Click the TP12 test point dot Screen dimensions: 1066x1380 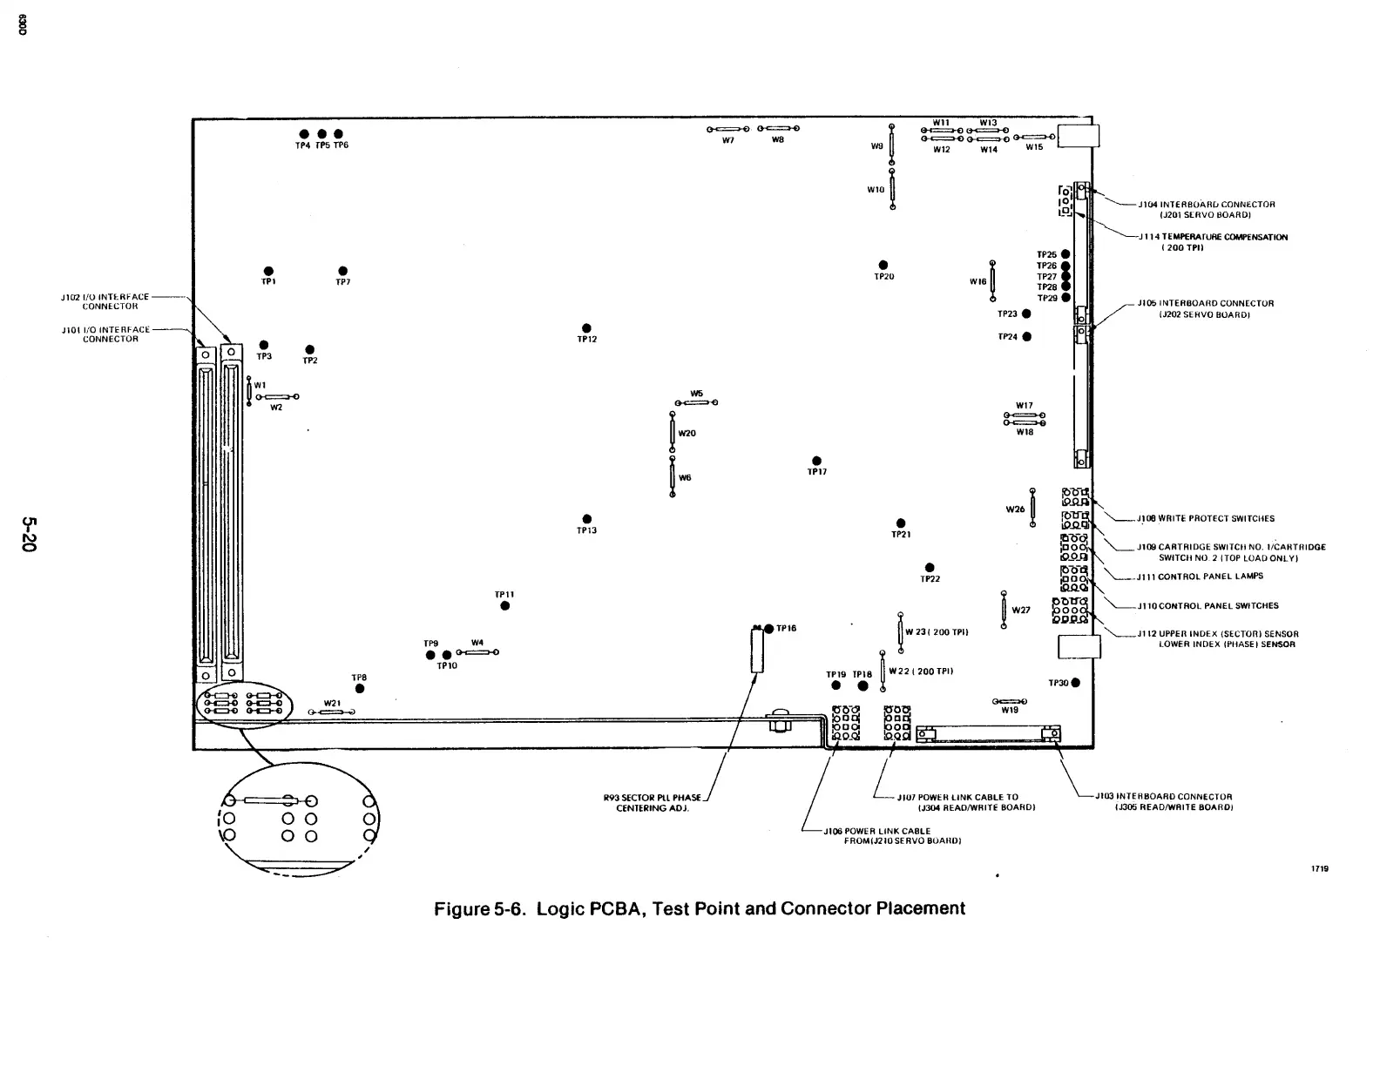pos(586,327)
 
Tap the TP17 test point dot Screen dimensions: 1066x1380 pos(816,461)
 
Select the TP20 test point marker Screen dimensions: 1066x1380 pos(883,265)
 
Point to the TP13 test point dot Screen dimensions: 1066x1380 pos(586,519)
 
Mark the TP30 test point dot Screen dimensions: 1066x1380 pos(1076,683)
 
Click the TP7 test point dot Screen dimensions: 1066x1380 pos(342,271)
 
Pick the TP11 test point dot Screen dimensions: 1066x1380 pos(504,606)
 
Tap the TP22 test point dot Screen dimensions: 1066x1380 pos(930,568)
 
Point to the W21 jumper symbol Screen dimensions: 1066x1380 pos(332,712)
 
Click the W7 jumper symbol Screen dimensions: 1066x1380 pos(727,129)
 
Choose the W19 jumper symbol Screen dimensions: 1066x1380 pos(1010,701)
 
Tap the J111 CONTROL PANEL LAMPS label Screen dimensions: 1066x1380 pos(1200,576)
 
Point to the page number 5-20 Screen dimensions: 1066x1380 pos(30,534)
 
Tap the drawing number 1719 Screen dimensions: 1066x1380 pos(1320,868)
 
